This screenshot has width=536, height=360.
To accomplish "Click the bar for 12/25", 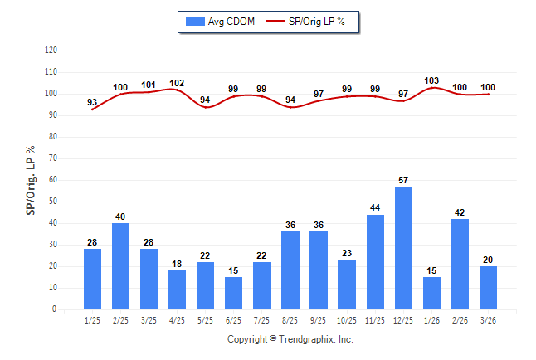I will [x=403, y=248].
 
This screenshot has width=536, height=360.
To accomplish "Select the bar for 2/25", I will [x=121, y=266].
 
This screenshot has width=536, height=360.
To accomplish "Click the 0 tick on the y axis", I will [x=54, y=309].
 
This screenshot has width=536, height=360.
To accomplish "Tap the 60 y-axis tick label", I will [x=52, y=180].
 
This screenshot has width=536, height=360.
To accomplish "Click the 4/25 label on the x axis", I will [x=178, y=320].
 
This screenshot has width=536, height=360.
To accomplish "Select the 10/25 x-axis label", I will [x=347, y=320].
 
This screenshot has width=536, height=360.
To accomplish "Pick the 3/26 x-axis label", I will [x=488, y=320].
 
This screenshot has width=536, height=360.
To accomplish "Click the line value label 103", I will [x=431, y=80].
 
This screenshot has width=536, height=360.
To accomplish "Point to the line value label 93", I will [x=92, y=103].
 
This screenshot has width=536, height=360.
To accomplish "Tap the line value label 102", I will [x=177, y=83].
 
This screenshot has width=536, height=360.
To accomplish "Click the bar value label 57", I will [x=403, y=180].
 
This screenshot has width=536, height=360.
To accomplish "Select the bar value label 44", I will [x=375, y=207].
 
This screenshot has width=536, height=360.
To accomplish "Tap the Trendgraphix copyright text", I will [x=290, y=340].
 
